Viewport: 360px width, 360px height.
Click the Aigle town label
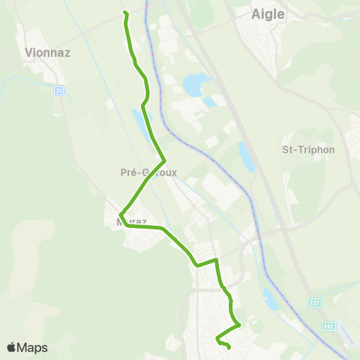[268, 13]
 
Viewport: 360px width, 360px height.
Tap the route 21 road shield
[58, 91]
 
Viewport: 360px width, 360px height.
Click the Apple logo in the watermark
[12, 347]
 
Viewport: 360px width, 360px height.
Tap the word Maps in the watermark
[33, 347]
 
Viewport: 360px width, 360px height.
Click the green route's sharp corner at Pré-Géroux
[163, 160]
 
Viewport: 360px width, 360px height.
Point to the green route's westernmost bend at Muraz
[120, 220]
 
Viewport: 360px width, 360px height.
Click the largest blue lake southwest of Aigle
[194, 85]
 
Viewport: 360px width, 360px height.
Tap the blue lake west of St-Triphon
[246, 156]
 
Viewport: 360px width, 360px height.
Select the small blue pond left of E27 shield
[271, 299]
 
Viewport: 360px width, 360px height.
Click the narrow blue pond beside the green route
[139, 121]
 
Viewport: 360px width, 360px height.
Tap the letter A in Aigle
[253, 13]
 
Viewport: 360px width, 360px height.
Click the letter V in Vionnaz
[28, 52]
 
